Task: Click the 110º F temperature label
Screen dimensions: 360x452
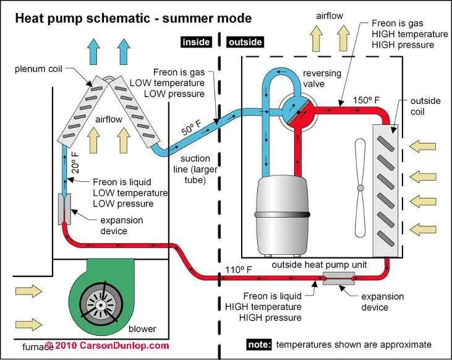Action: point(235,270)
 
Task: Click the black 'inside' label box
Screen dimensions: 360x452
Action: point(196,42)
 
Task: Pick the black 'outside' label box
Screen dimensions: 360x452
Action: point(245,42)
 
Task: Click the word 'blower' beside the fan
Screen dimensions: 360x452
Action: point(142,328)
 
